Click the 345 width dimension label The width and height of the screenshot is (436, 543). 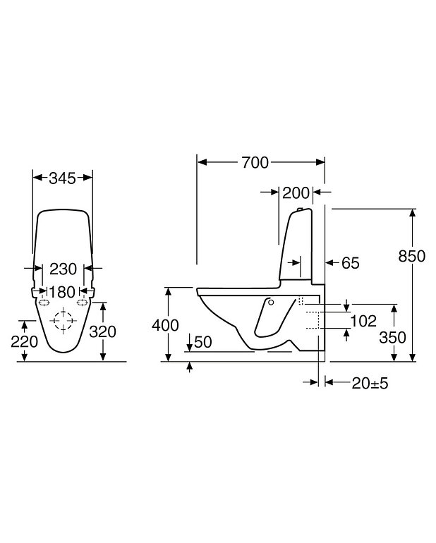click(x=63, y=178)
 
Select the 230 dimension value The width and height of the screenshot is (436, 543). click(x=63, y=269)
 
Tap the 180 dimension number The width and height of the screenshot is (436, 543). click(x=63, y=291)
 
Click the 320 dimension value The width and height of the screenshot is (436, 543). click(x=103, y=331)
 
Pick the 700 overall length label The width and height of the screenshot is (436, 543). click(x=255, y=163)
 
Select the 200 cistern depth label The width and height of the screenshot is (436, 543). click(x=295, y=192)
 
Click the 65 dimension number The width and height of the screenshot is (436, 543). click(x=350, y=263)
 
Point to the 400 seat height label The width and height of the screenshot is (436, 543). click(x=164, y=325)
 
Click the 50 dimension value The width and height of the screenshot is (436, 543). click(x=202, y=342)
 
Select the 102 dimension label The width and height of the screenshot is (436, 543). click(x=363, y=322)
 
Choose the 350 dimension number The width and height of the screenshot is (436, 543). click(x=392, y=337)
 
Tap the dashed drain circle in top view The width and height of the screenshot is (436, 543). click(x=63, y=321)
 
